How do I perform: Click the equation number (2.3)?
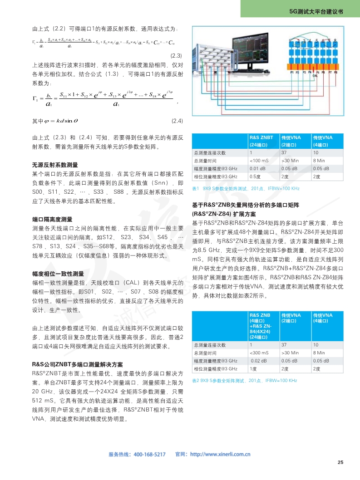(x=176, y=55)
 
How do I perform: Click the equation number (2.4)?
(x=177, y=121)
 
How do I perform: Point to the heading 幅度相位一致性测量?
(x=58, y=274)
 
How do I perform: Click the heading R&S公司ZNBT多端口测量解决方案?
(x=78, y=364)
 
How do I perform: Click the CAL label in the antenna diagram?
(x=315, y=76)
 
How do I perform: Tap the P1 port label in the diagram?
(x=291, y=72)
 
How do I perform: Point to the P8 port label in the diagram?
(x=336, y=72)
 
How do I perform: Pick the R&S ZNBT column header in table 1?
(x=261, y=141)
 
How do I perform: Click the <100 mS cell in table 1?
(x=259, y=161)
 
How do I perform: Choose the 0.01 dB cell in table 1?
(x=258, y=168)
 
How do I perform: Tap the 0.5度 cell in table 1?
(x=255, y=176)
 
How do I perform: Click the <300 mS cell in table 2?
(x=259, y=352)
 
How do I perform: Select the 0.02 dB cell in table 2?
(x=258, y=360)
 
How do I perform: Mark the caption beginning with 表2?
(x=245, y=380)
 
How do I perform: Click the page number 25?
(x=341, y=462)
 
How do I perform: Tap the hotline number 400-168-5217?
(x=150, y=454)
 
